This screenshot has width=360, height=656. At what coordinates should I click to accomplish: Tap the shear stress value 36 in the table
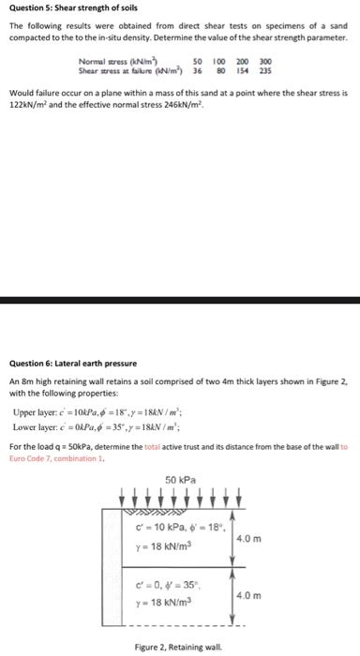(197, 70)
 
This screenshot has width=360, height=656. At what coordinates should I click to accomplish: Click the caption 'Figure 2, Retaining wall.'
(178, 648)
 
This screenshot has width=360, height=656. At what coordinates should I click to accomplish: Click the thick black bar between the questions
(180, 302)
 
